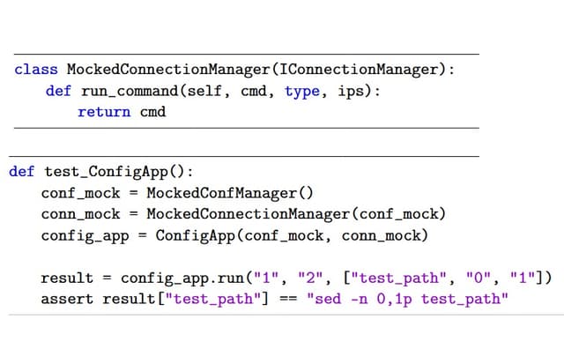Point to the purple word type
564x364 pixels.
pos(302,91)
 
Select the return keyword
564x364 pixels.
pos(104,112)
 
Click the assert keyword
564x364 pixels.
pos(64,299)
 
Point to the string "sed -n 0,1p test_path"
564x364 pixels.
pos(407,299)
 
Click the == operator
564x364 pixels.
pos(288,299)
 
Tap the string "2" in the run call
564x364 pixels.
pos(310,279)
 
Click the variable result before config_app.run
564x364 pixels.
pos(67,279)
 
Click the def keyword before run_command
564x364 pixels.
pos(58,91)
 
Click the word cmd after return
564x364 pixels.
pos(153,112)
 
